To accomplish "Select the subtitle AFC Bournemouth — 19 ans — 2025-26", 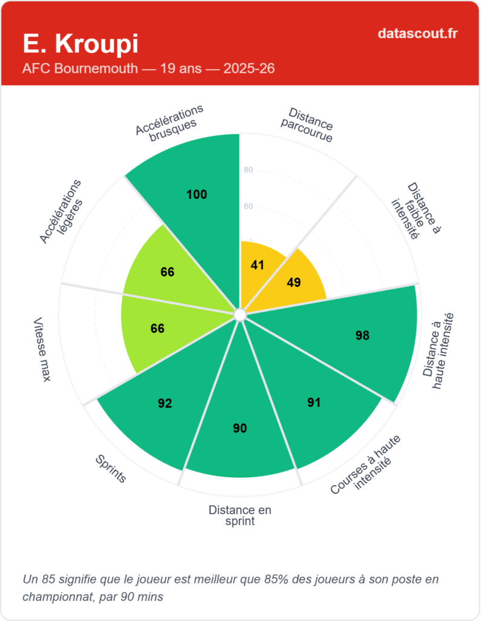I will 148,69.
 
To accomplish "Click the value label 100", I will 197,195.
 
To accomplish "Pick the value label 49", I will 294,283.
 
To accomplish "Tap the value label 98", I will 362,335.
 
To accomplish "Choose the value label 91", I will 313,403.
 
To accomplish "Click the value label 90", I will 240,428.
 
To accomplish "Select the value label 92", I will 165,403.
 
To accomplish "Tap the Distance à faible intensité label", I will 415,210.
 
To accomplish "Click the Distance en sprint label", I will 240,515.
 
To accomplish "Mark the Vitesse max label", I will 42,349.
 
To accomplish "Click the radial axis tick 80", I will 248,170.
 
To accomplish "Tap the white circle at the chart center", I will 240,315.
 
